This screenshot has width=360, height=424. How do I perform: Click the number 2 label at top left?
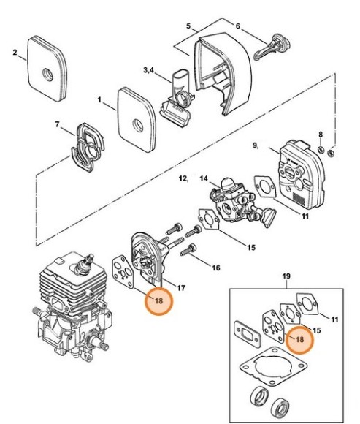click(x=15, y=52)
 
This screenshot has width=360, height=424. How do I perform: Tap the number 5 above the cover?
click(x=188, y=26)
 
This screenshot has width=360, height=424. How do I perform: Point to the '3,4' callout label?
click(x=147, y=71)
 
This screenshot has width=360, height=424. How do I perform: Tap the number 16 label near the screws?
click(x=215, y=268)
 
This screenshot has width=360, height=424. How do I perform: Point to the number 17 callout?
click(x=182, y=287)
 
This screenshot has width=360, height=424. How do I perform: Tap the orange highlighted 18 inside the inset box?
click(x=298, y=340)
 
